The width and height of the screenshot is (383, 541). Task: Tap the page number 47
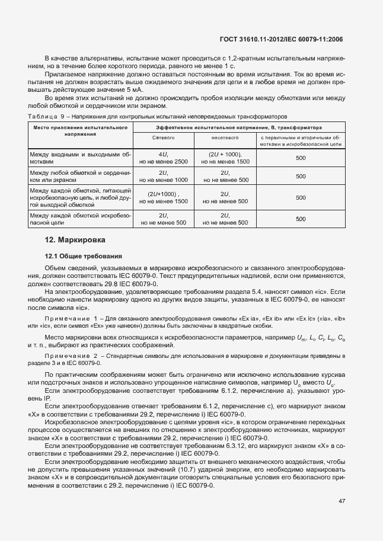point(341,501)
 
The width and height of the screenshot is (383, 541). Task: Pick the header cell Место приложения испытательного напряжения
point(81,131)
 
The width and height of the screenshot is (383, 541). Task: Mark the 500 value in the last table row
point(301,219)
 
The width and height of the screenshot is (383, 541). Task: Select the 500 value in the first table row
point(301,158)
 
